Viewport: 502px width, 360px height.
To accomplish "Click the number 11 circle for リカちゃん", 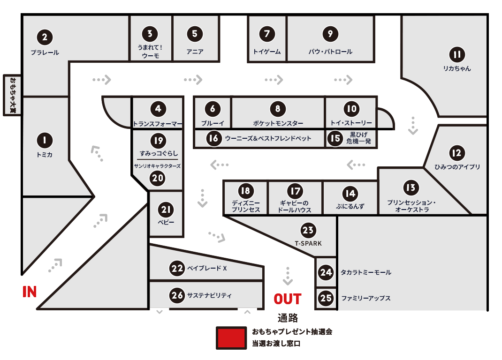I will (x=457, y=55).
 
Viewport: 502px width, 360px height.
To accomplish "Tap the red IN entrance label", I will (x=30, y=292).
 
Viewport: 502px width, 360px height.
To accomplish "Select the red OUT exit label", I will (x=288, y=299).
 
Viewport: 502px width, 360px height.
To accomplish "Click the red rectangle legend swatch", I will (x=231, y=337).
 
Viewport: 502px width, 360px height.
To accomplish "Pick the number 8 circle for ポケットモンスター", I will (x=278, y=109).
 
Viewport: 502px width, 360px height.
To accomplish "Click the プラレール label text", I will (x=45, y=52).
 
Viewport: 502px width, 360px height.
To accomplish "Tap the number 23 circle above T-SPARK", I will (x=308, y=230).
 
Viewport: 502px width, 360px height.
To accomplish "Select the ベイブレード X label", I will (x=207, y=269).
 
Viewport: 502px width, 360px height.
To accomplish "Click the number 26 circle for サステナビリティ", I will (x=177, y=295).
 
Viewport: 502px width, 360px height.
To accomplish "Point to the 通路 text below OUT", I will (x=288, y=318).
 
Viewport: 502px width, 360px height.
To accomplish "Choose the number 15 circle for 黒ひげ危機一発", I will (x=335, y=139).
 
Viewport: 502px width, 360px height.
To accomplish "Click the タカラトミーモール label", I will (x=366, y=272).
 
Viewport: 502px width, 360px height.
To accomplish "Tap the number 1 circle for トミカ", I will (x=45, y=140).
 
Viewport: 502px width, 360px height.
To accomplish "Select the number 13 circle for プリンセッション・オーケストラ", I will (x=411, y=188).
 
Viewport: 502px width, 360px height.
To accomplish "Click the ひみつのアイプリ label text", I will (x=457, y=167).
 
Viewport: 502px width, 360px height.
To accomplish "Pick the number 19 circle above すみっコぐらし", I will (x=158, y=140).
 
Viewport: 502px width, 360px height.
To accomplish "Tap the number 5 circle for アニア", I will (x=195, y=34).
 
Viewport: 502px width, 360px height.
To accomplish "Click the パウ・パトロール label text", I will (x=330, y=52).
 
